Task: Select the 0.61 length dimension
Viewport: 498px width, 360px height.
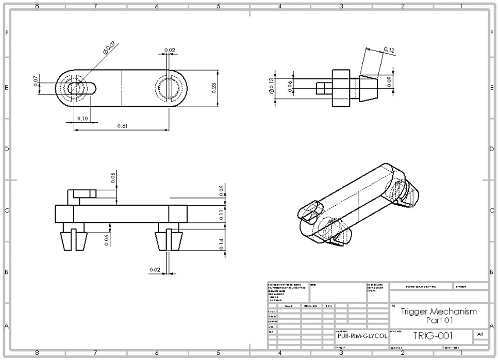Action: (122, 126)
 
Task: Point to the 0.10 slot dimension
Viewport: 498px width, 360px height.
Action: (82, 119)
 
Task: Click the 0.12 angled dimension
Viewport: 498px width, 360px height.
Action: (389, 50)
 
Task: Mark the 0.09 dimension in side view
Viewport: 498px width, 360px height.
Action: (390, 80)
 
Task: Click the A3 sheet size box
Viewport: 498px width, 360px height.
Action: (480, 334)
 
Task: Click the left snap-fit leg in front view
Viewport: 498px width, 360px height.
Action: (73, 240)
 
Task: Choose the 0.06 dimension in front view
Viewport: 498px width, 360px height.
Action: (107, 240)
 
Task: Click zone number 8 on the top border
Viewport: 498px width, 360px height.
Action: (37, 6)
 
